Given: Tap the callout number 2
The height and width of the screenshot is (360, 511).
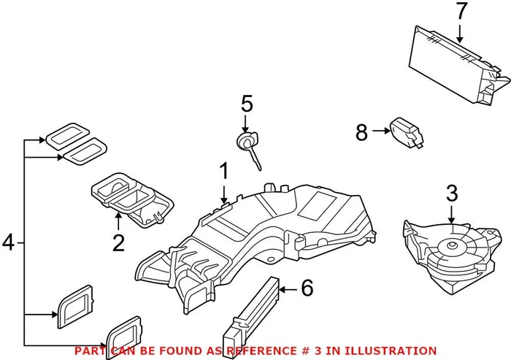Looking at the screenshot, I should [x=118, y=242].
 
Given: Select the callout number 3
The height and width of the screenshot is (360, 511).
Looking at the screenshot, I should [x=451, y=194].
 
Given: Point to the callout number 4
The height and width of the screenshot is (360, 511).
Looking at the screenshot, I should [x=9, y=241].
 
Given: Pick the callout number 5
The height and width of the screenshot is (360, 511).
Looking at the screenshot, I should [x=246, y=104].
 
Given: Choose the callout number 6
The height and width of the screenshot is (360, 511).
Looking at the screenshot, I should [x=307, y=288].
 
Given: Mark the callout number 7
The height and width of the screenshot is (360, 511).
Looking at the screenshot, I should [x=460, y=12].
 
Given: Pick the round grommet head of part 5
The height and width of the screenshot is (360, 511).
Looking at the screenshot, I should [x=246, y=139].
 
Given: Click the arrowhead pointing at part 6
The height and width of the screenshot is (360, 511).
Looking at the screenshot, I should [x=283, y=290].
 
